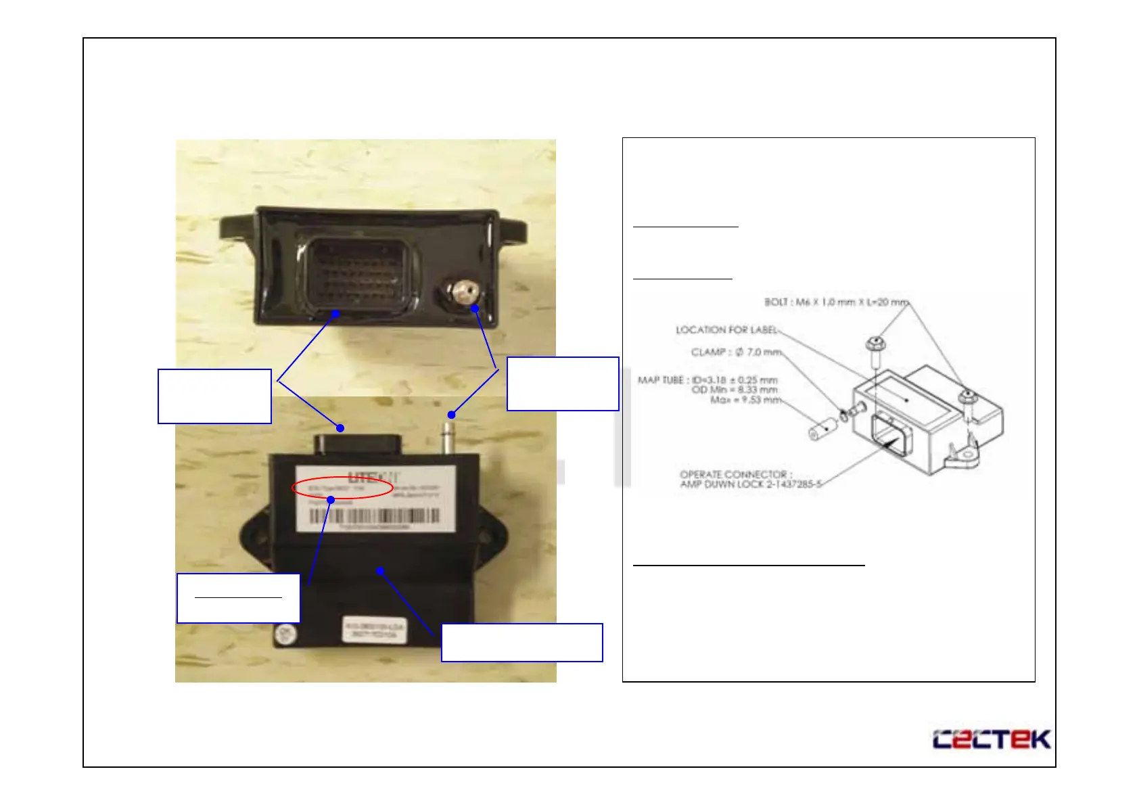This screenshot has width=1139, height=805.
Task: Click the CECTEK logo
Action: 992,739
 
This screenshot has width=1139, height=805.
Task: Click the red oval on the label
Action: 342,488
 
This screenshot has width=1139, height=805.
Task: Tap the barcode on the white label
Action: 375,516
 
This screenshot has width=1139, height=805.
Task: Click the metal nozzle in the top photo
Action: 463,293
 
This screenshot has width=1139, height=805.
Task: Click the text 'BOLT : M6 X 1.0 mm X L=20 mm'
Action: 836,302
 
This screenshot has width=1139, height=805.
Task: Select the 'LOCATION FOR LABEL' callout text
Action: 726,329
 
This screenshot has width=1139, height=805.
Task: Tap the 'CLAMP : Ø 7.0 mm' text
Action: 736,352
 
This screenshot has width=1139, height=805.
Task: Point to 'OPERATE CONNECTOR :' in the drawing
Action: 736,474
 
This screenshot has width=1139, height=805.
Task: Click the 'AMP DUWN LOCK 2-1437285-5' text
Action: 751,484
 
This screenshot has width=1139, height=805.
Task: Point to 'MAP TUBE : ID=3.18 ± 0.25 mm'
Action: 707,380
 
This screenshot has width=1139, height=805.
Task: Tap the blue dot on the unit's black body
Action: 381,571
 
